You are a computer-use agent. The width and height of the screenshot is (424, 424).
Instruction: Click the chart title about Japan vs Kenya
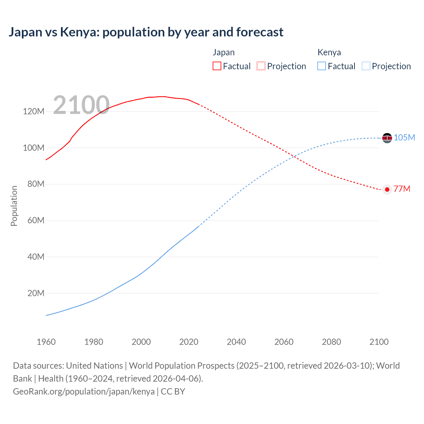[146, 32]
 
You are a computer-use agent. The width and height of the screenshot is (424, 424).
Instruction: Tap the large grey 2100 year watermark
[81, 105]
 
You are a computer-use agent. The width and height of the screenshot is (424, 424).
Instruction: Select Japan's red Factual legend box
[217, 66]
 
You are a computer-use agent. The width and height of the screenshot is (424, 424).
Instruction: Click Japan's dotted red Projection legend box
[261, 66]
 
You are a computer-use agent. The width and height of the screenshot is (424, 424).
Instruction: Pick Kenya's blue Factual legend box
[321, 66]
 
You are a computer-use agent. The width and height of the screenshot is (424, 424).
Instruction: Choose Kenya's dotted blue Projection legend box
[366, 66]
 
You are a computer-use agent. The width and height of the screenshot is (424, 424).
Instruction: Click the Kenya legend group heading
[329, 52]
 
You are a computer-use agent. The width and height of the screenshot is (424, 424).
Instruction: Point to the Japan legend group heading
[224, 52]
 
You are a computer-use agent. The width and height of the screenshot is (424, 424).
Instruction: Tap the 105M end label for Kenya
[404, 137]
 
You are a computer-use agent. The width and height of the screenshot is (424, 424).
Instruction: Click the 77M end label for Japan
[402, 189]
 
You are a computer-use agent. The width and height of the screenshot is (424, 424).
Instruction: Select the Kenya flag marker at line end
[387, 138]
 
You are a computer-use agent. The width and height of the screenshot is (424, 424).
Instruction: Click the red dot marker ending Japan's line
[387, 189]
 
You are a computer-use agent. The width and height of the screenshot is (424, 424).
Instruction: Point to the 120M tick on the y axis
[33, 111]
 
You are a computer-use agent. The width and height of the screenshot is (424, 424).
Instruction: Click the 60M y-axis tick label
[35, 220]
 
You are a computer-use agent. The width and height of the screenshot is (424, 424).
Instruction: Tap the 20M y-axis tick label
[35, 293]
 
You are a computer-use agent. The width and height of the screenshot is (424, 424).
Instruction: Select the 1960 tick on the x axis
[46, 342]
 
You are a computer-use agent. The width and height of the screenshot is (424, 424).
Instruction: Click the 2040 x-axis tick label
[236, 342]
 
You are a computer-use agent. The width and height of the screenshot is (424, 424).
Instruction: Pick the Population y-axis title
[14, 206]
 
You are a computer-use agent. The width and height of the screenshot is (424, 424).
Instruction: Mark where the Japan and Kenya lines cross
[294, 156]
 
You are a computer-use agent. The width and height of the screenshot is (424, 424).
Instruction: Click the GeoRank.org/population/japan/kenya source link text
[84, 392]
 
